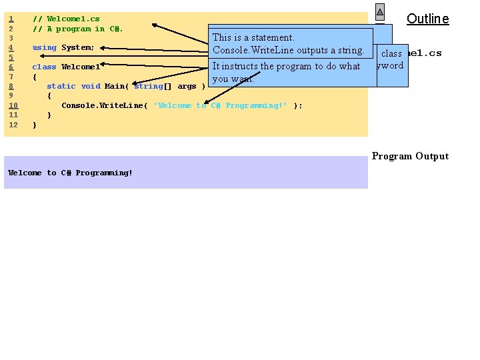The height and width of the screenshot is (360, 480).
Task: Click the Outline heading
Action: [427, 19]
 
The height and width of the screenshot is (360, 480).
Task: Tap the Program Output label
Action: [410, 156]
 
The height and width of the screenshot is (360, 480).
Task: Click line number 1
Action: [11, 19]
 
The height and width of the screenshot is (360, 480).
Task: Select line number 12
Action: [13, 125]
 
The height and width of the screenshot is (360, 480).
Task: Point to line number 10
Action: [13, 105]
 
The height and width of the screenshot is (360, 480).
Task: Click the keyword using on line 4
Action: [44, 47]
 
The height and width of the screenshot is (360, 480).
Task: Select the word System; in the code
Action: [78, 47]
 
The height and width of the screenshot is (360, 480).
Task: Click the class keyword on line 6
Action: [44, 67]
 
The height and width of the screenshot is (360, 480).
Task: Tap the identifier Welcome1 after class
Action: [81, 67]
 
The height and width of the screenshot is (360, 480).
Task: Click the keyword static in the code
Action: [61, 86]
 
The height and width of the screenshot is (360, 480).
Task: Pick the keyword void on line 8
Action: [91, 86]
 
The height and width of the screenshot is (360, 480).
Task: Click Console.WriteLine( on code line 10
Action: [105, 105]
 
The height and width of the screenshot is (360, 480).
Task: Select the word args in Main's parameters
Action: [187, 86]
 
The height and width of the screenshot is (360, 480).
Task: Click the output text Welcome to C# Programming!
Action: [70, 173]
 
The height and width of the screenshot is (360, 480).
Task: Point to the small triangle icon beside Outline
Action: [379, 12]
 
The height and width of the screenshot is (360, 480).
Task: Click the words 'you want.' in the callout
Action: [233, 79]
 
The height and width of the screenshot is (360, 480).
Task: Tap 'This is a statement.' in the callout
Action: [253, 37]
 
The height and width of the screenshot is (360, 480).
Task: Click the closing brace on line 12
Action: [35, 125]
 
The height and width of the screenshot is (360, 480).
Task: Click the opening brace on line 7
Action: [35, 77]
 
